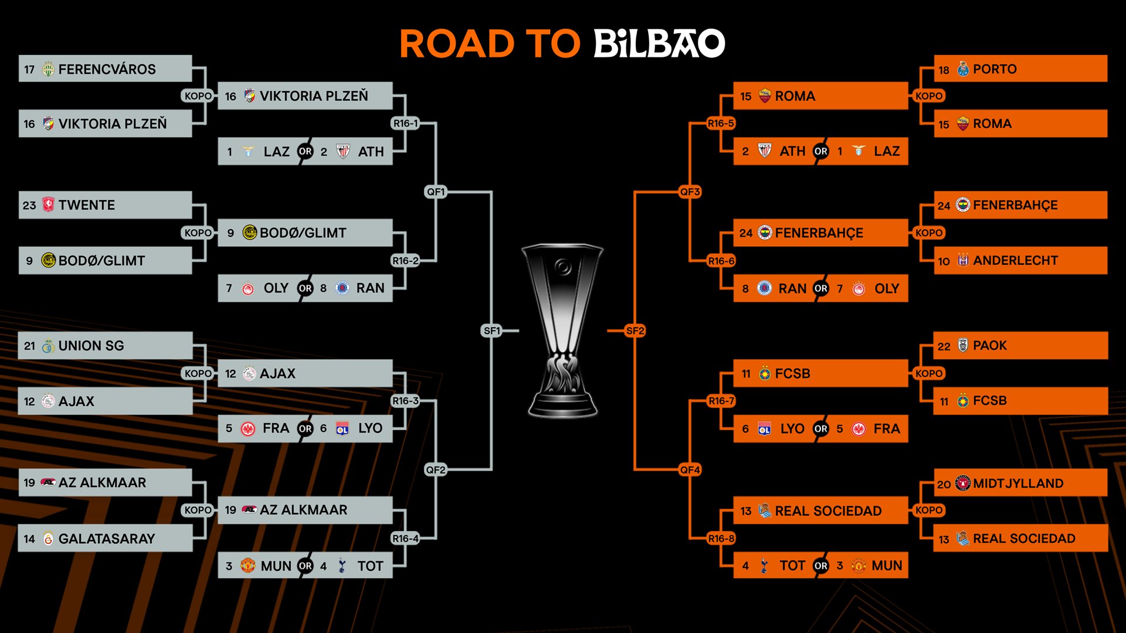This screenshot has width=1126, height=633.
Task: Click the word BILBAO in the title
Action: point(659,44)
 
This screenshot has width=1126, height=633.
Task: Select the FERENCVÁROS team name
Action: point(107,69)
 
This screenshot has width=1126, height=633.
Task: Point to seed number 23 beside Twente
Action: point(29,205)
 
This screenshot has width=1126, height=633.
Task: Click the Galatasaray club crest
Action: point(48,539)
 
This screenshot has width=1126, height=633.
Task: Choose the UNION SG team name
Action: point(91,346)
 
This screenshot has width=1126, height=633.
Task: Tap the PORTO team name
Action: point(995,69)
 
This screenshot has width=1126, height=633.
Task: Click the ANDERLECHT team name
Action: point(1015,260)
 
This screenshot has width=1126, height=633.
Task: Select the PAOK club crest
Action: point(963,345)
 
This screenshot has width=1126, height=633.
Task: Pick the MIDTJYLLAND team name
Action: point(1018,484)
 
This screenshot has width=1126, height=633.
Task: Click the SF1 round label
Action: point(491,331)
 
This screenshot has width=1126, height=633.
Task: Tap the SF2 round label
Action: point(635,331)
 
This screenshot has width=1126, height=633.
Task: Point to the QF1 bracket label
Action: point(436,192)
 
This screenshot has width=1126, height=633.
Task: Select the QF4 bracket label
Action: point(690,469)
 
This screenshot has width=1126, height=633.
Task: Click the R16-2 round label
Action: point(405,261)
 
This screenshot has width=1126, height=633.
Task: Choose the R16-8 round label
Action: point(721,538)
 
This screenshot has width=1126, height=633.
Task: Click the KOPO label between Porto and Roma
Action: point(929,96)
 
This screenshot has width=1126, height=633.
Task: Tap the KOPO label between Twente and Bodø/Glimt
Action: point(198,233)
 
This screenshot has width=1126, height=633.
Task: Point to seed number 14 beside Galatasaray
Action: point(29,539)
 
